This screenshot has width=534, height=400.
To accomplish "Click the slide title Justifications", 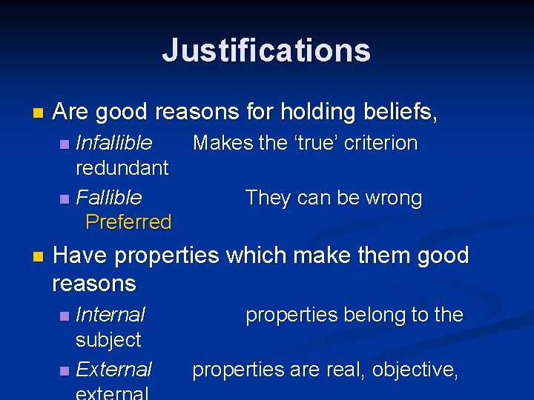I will click(x=266, y=50).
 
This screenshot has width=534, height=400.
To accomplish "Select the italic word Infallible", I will click(x=114, y=142).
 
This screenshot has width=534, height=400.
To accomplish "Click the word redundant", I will click(x=122, y=167).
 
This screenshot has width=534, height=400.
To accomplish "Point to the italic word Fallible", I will click(x=109, y=198).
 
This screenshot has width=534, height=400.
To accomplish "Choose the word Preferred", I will click(x=128, y=221).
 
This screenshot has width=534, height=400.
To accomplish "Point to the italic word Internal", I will click(x=111, y=315).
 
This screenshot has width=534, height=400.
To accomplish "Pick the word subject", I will click(x=108, y=340).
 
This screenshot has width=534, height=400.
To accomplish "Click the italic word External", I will click(x=114, y=369).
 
